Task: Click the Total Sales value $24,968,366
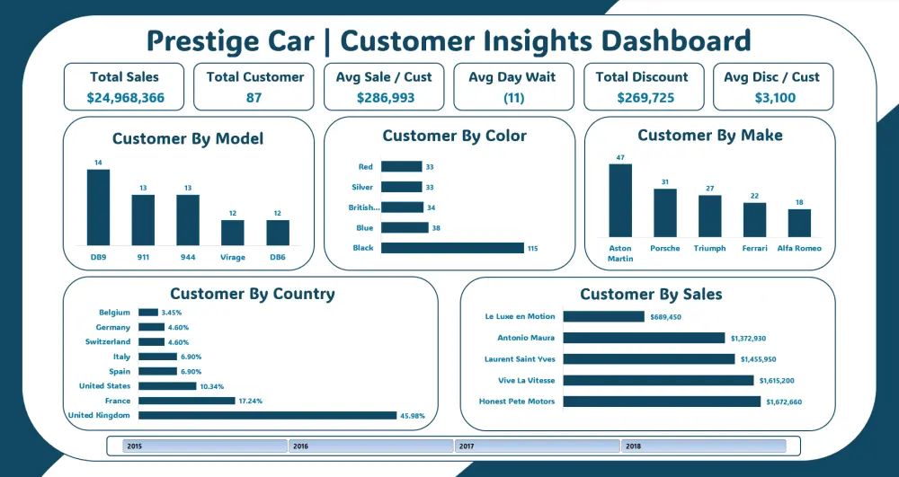(x=125, y=98)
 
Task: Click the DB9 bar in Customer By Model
(x=98, y=207)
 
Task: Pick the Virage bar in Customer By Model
(x=233, y=232)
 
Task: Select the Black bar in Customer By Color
(x=452, y=248)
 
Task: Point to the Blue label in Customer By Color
(x=363, y=228)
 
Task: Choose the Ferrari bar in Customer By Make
(x=754, y=219)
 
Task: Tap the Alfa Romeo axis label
(x=799, y=248)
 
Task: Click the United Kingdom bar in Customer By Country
(x=267, y=415)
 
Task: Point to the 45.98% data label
(x=414, y=415)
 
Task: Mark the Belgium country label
(x=115, y=313)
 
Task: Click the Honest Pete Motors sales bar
(x=661, y=402)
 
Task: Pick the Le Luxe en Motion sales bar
(x=603, y=316)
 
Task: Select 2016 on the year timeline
(x=370, y=446)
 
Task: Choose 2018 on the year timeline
(x=703, y=446)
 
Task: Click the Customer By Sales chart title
(x=651, y=294)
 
